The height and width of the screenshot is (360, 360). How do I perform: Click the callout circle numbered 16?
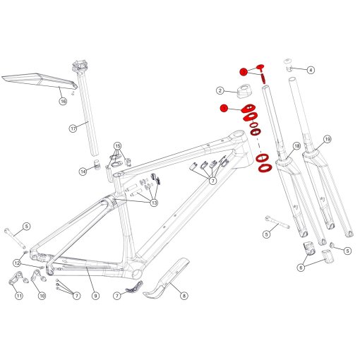click(62, 102)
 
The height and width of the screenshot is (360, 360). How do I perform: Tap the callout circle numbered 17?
click(73, 128)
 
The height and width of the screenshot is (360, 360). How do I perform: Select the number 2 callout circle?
click(220, 91)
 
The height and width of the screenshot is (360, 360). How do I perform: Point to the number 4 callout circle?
click(311, 70)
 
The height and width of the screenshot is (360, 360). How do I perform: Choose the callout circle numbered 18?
click(296, 146)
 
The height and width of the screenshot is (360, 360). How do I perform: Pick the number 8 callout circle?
click(185, 297)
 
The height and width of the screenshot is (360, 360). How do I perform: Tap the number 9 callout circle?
click(95, 296)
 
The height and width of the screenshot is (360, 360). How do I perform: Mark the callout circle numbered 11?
click(19, 296)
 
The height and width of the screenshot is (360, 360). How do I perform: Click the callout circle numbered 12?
click(16, 263)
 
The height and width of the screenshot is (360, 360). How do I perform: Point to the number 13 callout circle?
click(153, 203)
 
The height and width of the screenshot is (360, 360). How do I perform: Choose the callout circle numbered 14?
click(83, 171)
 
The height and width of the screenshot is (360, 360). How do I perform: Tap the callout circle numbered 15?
click(118, 145)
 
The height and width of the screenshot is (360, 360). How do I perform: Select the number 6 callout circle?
click(301, 267)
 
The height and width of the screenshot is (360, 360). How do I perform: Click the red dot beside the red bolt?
click(244, 71)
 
